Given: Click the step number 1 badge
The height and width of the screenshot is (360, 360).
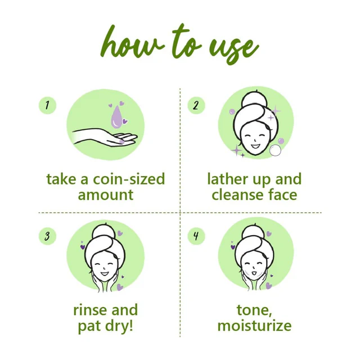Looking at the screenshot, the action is [x=47, y=105].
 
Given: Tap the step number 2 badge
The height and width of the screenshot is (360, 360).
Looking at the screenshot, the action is [x=196, y=105].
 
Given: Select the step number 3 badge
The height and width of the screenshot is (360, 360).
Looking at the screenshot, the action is [x=47, y=236].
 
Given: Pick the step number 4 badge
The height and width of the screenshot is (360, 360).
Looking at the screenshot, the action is [x=196, y=236].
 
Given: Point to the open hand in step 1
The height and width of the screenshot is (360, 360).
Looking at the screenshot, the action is [x=105, y=137].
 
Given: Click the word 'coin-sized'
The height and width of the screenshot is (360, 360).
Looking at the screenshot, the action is [x=129, y=179].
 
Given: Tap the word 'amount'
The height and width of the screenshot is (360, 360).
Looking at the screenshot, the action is [x=106, y=195].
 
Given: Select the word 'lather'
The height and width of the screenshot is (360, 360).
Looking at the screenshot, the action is [x=228, y=179].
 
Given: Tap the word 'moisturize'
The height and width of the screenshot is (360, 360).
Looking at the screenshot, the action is [x=254, y=325].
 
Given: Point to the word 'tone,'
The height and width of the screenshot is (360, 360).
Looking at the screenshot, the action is [x=254, y=310].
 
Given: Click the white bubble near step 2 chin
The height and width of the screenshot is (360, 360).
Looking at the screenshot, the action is [x=275, y=151].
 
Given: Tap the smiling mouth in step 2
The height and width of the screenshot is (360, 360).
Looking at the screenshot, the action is [x=255, y=146].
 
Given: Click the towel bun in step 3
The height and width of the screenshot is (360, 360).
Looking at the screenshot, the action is [x=103, y=234].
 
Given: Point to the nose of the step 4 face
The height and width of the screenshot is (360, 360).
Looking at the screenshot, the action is [x=254, y=268].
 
